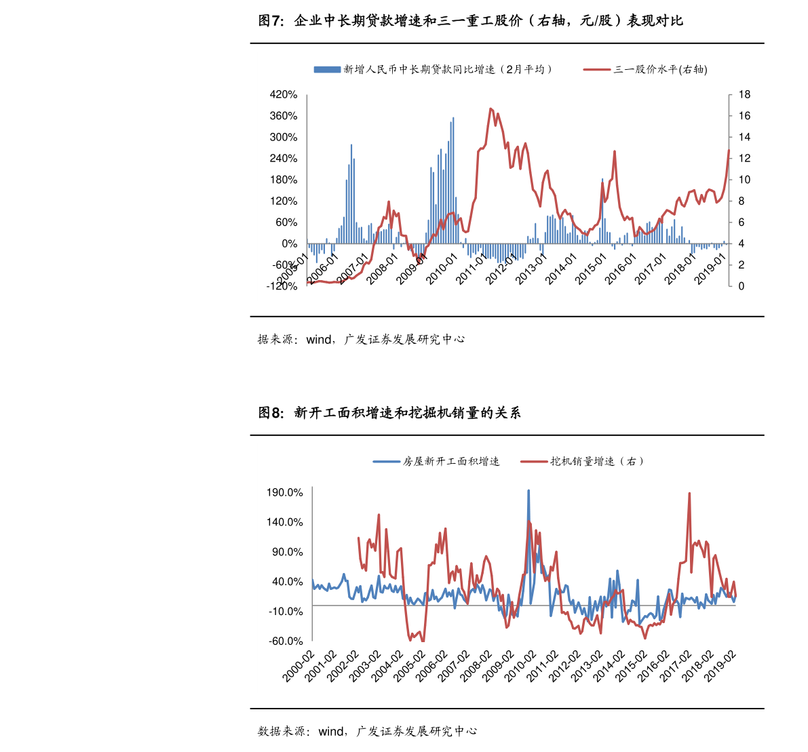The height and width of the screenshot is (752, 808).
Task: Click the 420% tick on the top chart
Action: coord(284,94)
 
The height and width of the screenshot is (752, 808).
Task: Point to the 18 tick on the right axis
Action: coord(744,94)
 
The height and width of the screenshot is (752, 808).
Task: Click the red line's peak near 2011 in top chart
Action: coord(490,108)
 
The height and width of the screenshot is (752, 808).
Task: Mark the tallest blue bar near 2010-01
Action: coord(453,119)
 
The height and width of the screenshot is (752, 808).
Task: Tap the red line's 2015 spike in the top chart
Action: coord(614,151)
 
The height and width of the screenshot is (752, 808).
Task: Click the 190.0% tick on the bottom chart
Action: coord(285,492)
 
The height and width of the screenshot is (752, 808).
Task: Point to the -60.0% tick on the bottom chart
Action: coord(285,641)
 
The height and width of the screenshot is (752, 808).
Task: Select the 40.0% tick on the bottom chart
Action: coord(288,582)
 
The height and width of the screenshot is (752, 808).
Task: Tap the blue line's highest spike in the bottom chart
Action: coord(528,490)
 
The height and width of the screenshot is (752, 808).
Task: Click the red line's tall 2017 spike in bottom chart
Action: coord(689,494)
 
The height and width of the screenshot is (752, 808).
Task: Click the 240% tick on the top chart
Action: coord(284,159)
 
